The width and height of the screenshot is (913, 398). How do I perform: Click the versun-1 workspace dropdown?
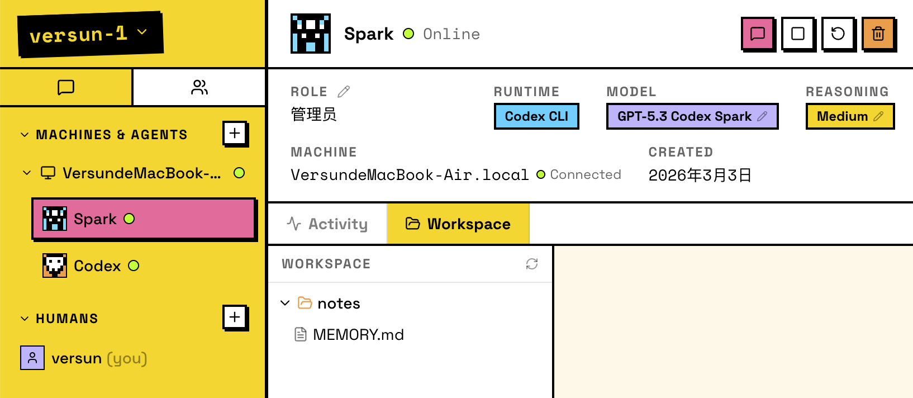(90, 34)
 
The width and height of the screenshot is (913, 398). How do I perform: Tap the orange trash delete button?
(878, 34)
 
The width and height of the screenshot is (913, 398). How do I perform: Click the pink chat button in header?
(758, 34)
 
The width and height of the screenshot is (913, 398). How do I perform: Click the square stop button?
(798, 34)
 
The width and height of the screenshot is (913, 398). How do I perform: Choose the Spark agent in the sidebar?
(144, 219)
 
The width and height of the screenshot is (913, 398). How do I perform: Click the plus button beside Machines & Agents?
(235, 134)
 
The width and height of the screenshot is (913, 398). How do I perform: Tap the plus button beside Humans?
(235, 318)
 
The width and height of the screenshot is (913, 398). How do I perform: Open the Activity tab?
(327, 224)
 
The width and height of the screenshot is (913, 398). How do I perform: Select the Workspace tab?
(458, 224)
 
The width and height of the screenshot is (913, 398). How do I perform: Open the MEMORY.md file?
(349, 334)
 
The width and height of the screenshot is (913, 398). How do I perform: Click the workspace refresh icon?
(532, 264)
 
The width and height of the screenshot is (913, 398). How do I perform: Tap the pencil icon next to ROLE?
(344, 91)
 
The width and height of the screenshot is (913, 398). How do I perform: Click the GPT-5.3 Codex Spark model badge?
(692, 116)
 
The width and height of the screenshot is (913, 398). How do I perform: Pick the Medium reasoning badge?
(850, 116)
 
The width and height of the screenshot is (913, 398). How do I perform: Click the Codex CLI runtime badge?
(536, 116)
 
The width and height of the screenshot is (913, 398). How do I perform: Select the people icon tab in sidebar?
(199, 87)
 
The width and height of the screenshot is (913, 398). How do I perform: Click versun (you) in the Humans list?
(84, 358)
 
